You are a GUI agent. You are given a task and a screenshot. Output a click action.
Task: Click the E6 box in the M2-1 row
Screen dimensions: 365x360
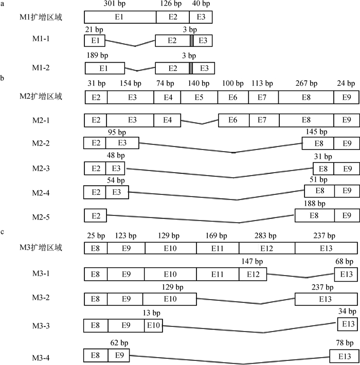233,120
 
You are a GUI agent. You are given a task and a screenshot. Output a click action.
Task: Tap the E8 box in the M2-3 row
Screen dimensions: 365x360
323,169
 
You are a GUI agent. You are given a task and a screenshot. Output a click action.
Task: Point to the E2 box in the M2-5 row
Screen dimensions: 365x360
96,215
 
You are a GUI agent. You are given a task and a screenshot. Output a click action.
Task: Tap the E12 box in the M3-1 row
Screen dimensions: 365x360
253,273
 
